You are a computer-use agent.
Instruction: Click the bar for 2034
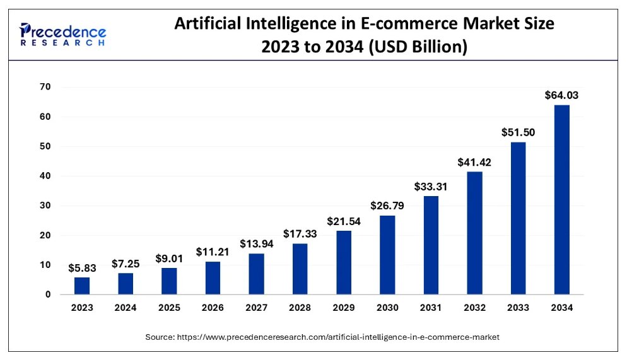click(x=561, y=199)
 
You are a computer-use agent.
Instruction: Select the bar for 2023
click(x=82, y=286)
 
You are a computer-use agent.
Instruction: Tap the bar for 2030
click(x=387, y=255)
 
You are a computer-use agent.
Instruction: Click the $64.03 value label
click(x=561, y=96)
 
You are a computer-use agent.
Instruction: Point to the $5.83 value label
click(x=82, y=268)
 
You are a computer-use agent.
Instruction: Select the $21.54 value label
click(x=344, y=221)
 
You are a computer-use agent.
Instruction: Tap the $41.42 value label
click(x=474, y=162)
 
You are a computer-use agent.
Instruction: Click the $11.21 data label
click(x=213, y=252)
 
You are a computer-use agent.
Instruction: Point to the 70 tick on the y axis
click(x=45, y=87)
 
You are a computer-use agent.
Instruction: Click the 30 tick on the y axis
click(x=45, y=206)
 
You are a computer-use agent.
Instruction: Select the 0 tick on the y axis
click(x=48, y=294)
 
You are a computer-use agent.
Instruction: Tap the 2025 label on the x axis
click(x=169, y=308)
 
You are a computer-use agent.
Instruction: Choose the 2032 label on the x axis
click(x=474, y=308)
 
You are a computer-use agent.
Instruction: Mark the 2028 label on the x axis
click(x=300, y=308)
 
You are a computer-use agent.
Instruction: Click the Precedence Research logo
click(x=63, y=34)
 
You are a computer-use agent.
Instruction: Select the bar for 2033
click(x=518, y=218)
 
